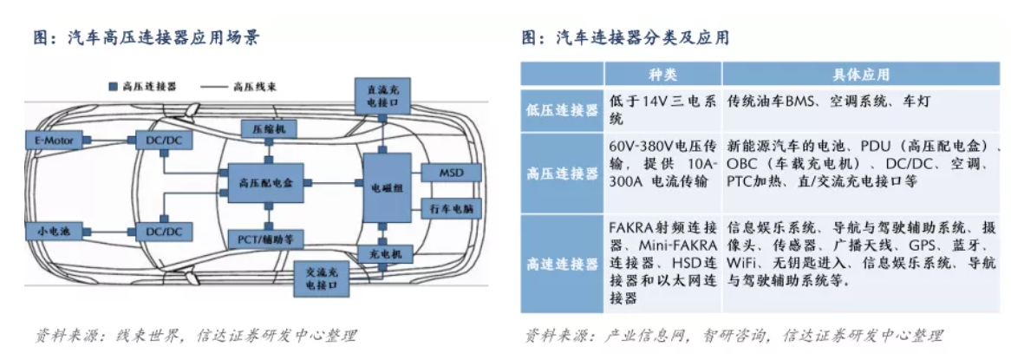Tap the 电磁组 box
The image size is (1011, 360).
387,187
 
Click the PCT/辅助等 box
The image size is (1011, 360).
270,237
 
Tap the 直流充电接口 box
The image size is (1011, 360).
382,95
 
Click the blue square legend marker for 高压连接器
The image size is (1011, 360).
113,88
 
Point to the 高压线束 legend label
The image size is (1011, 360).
255,88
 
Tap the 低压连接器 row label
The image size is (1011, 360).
562,110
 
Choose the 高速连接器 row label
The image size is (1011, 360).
562,264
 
